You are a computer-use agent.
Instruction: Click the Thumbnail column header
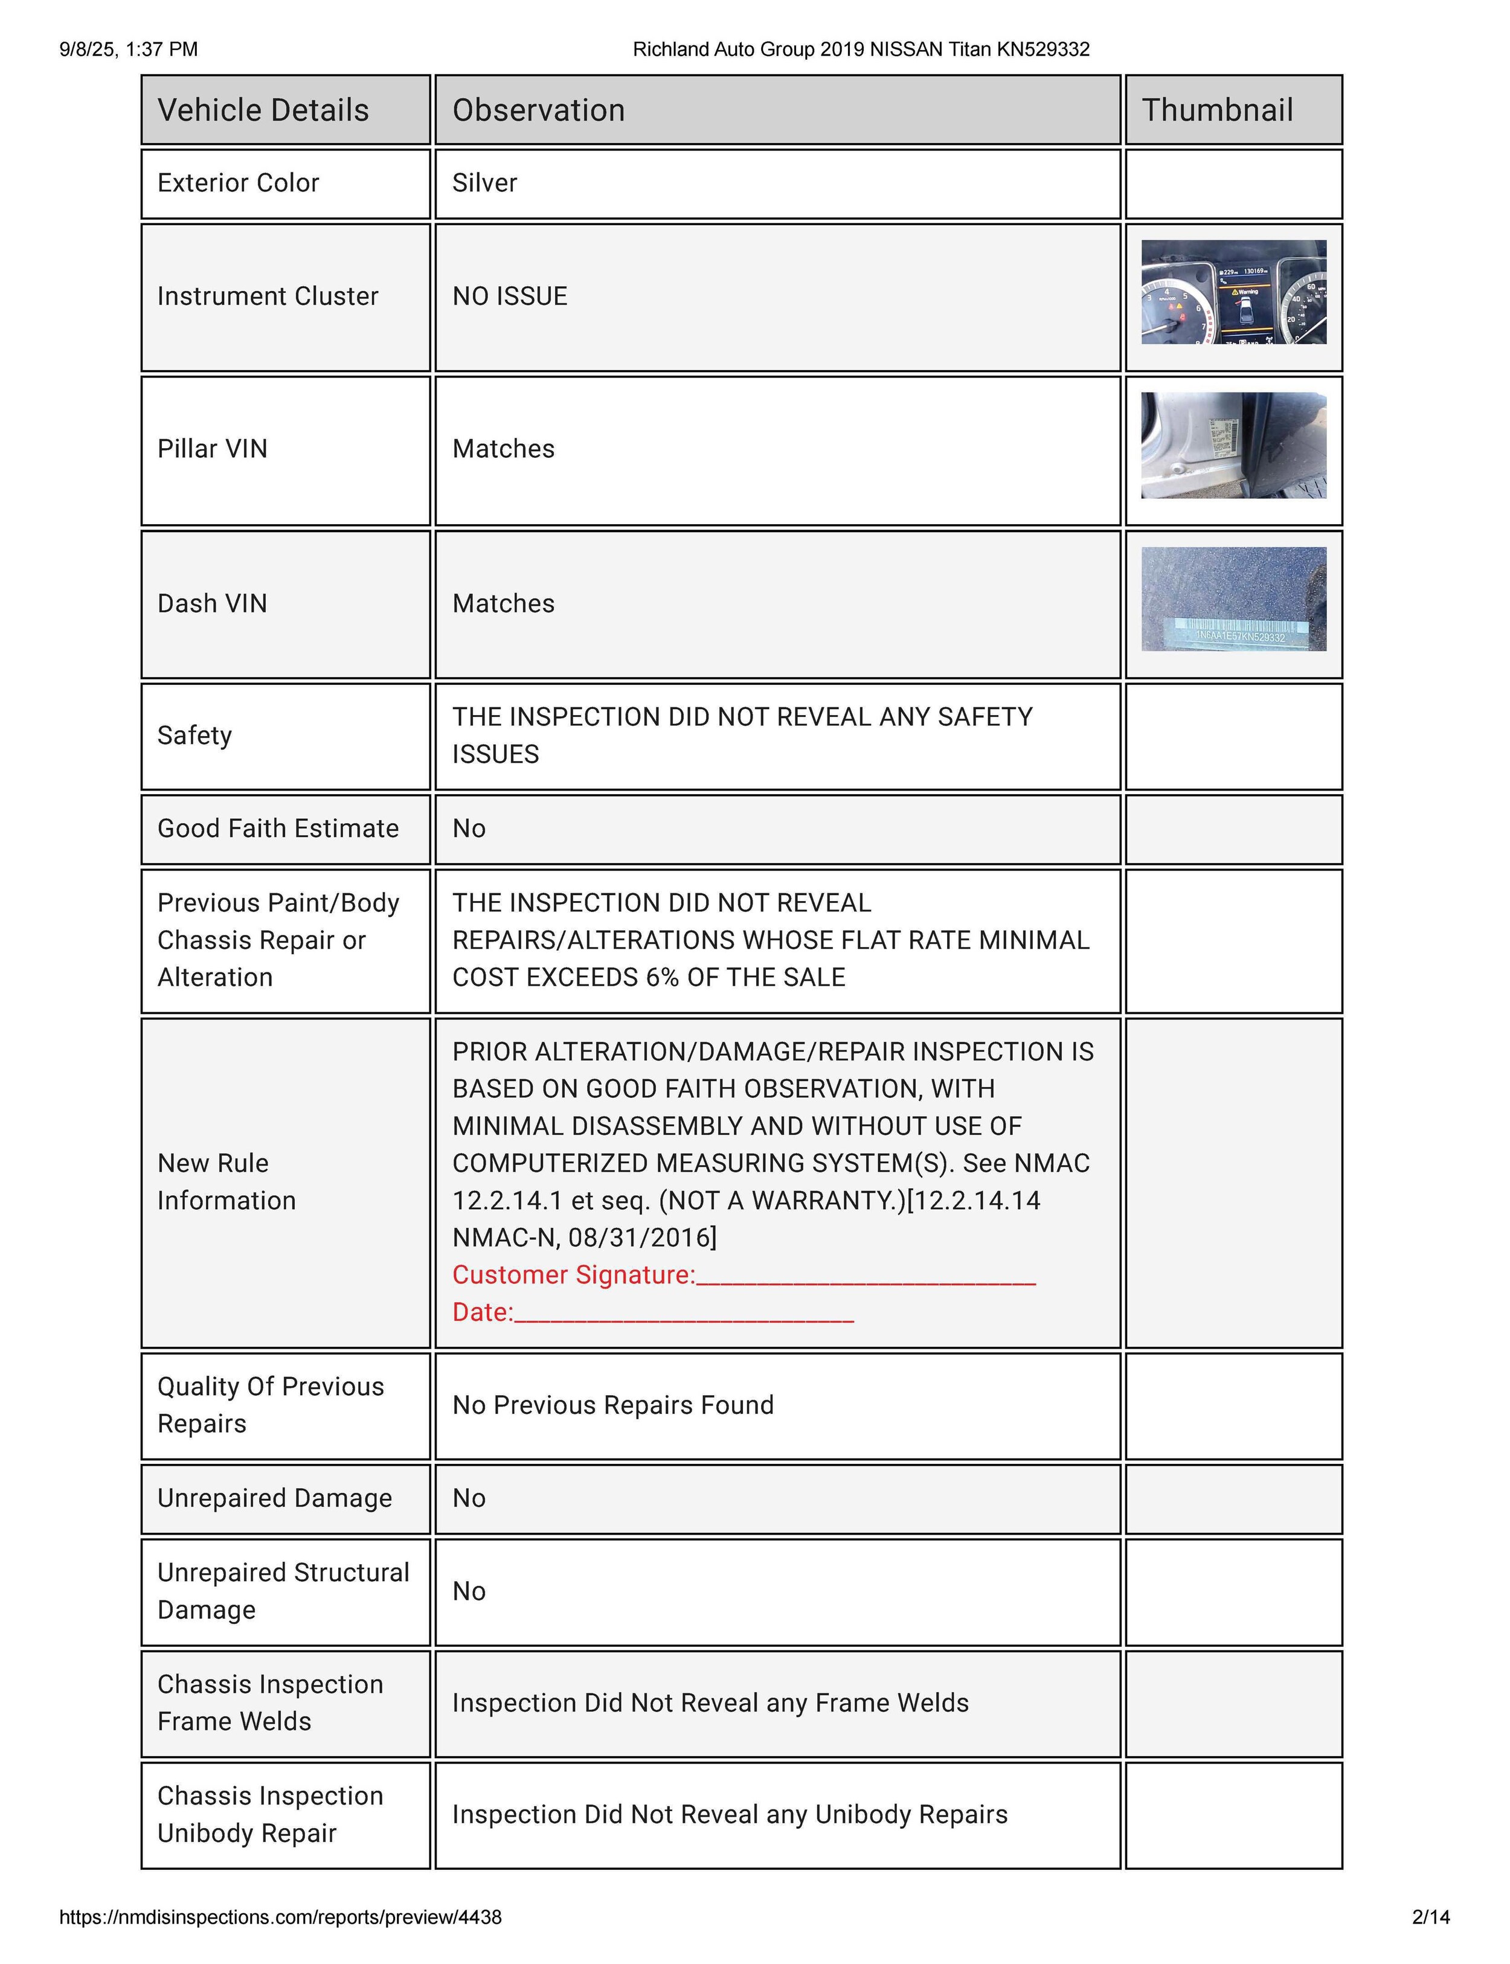tap(1217, 110)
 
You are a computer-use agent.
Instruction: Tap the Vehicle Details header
tap(263, 110)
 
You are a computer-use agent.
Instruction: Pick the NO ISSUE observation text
tap(510, 296)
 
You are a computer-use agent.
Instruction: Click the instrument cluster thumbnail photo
tap(1233, 292)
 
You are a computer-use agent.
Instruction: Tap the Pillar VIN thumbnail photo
tap(1233, 445)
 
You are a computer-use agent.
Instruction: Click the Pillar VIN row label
tap(212, 449)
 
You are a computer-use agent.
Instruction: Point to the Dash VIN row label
tap(212, 603)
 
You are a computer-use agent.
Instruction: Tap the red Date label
tap(482, 1312)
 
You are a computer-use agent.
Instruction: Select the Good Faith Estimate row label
tap(278, 828)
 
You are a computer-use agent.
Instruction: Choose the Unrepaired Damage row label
tap(274, 1498)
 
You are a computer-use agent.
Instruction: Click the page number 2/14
tap(1431, 1917)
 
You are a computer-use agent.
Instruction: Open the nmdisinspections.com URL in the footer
tap(280, 1917)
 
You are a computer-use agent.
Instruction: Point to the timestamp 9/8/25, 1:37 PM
tap(129, 50)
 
